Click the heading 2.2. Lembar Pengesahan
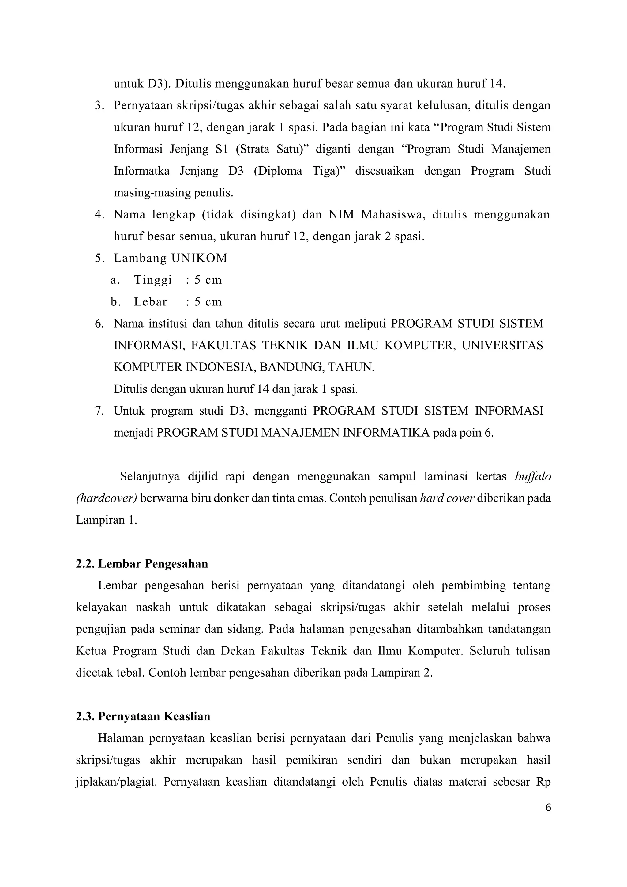point(142,564)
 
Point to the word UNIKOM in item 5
point(200,258)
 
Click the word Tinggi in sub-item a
point(153,280)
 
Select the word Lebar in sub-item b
point(151,302)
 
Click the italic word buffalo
point(533,476)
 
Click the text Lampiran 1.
point(106,520)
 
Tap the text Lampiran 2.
point(402,673)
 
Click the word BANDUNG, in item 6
point(293,367)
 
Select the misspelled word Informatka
point(141,171)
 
